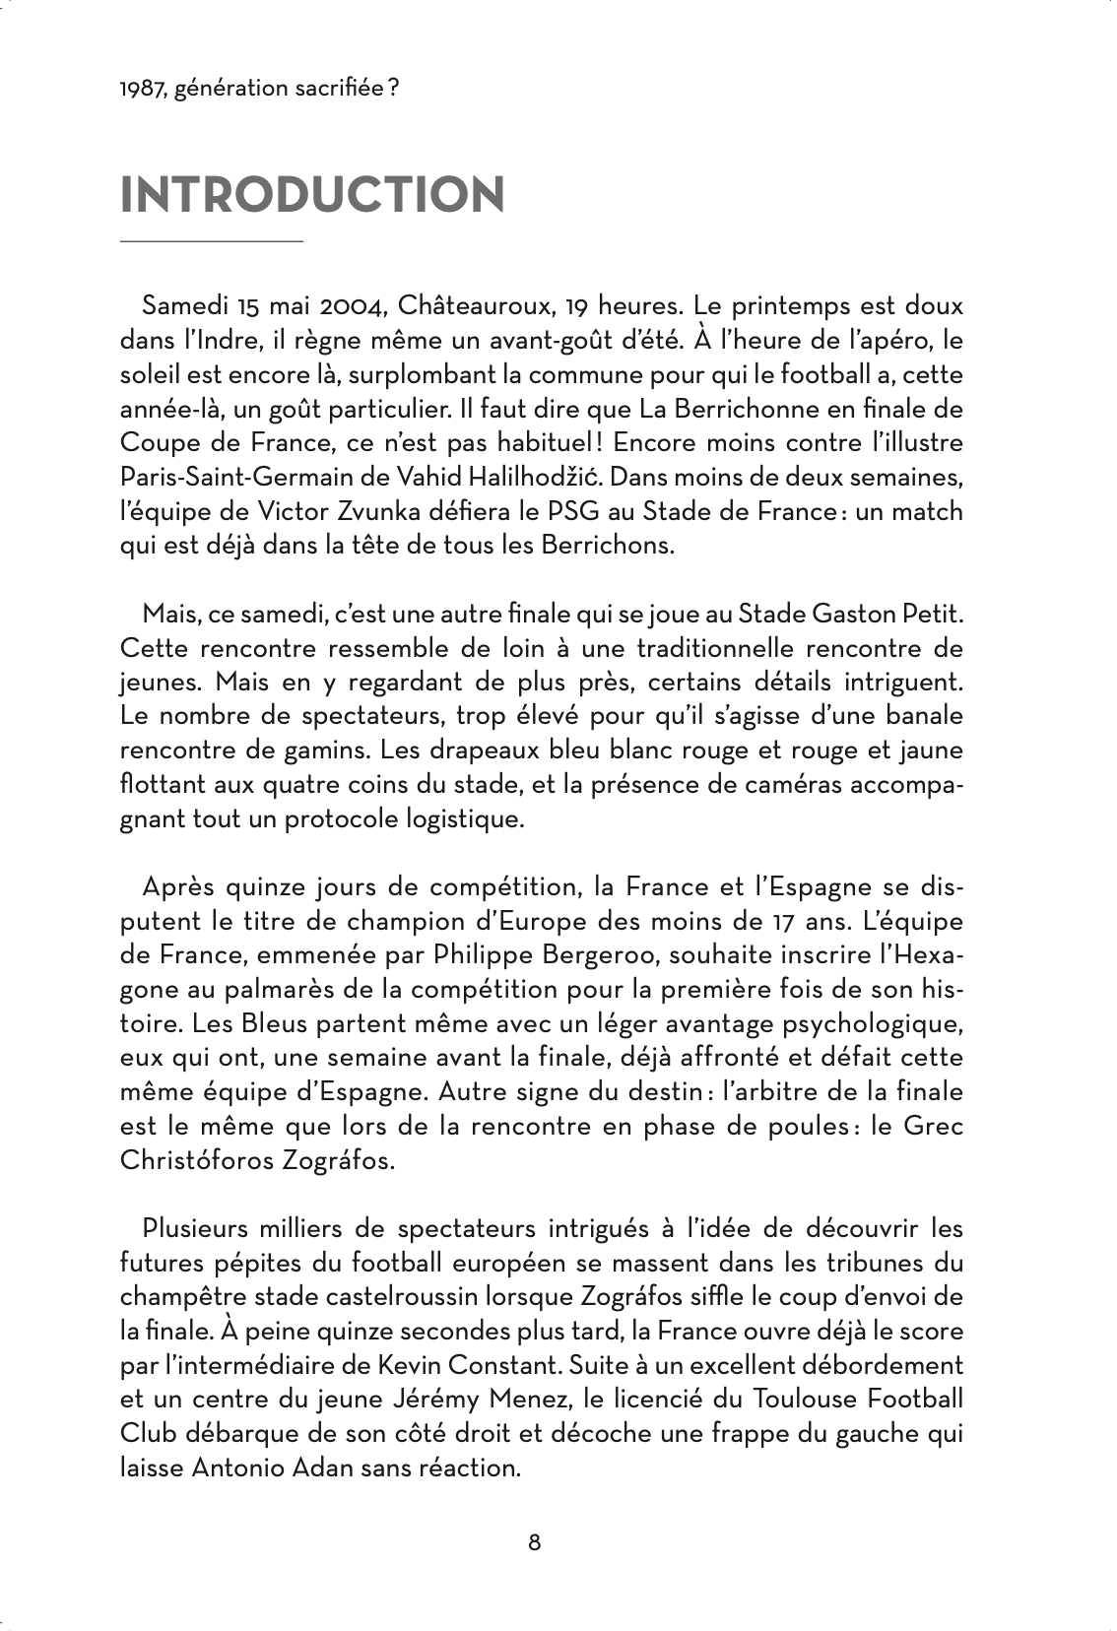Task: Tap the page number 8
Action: pyautogui.click(x=535, y=1541)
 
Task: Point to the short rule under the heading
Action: pyautogui.click(x=211, y=240)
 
